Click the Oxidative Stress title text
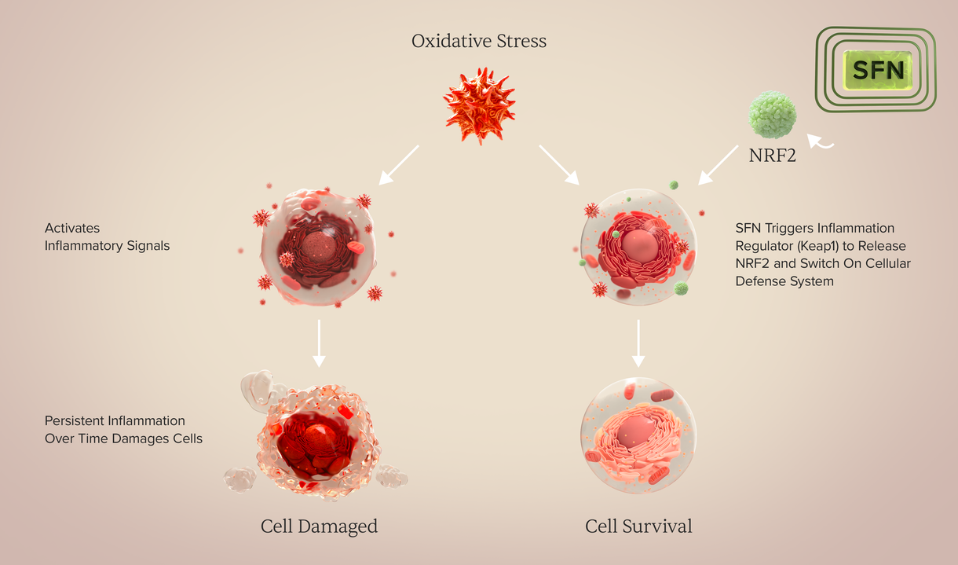click(478, 41)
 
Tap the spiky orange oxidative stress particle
click(479, 105)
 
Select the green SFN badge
click(878, 70)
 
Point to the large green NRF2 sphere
click(773, 114)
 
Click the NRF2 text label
click(773, 155)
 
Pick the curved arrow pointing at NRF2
click(820, 141)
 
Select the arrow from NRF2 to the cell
click(718, 165)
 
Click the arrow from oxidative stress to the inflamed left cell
click(399, 165)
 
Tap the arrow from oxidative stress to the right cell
click(559, 165)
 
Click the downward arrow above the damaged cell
click(319, 343)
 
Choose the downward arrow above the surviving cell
click(638, 343)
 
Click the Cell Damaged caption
click(319, 526)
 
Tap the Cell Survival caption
click(638, 526)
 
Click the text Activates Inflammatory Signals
click(107, 237)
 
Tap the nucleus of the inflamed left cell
click(319, 246)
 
